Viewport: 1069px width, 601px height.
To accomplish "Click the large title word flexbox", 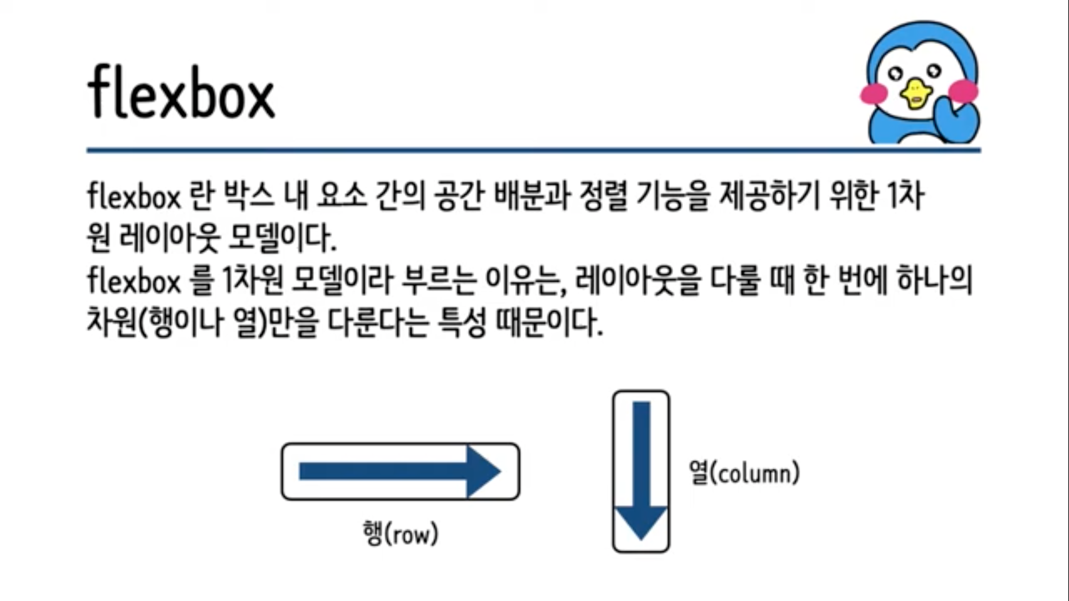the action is (181, 93).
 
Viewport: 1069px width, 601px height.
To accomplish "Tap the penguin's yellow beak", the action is (915, 93).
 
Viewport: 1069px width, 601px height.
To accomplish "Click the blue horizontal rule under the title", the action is (533, 150).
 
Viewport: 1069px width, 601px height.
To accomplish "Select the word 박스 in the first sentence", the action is (249, 196).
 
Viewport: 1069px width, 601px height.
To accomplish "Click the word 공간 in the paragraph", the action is (459, 196).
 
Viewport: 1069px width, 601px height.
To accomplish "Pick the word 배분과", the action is (532, 196).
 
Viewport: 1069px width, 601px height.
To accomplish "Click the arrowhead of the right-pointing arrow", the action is (483, 471).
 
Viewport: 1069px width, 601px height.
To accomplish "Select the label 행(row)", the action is (400, 534).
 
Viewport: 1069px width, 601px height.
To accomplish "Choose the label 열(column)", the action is (744, 473).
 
